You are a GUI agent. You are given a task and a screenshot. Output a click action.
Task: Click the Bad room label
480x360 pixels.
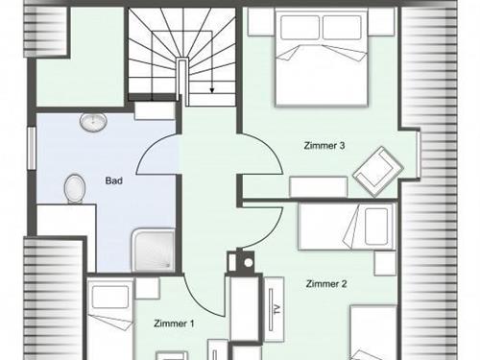pos(113,180)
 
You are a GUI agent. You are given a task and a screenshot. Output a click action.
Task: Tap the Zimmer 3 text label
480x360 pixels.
pos(324,146)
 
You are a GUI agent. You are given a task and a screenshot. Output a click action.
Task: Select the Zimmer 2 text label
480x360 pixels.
pos(326,284)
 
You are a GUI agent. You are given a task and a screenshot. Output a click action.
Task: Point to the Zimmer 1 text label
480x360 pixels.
pos(174,324)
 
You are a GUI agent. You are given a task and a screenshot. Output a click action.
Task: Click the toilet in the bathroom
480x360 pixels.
pos(75,188)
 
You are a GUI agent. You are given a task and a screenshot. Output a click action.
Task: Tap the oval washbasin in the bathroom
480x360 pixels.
pos(93,122)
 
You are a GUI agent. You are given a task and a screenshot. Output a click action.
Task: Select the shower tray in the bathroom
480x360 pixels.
pos(154,251)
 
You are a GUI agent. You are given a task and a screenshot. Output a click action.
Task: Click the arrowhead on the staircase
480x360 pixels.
pos(211,90)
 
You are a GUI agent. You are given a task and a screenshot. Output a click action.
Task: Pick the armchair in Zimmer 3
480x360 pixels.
pos(378,171)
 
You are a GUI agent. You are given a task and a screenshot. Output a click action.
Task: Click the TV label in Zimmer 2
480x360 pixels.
pos(277,309)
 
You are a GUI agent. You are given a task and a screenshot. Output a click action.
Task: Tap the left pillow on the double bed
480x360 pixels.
pos(300,28)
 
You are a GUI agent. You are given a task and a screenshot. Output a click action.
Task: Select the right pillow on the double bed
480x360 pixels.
pos(342,28)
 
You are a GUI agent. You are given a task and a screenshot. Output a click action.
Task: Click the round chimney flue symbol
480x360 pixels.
pos(249,263)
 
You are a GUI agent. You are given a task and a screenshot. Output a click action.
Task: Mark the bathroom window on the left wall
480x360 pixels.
pos(31,148)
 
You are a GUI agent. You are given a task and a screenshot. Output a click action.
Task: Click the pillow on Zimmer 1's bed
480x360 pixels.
pos(110,298)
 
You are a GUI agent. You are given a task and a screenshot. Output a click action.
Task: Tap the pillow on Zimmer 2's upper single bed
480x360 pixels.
pos(376,227)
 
